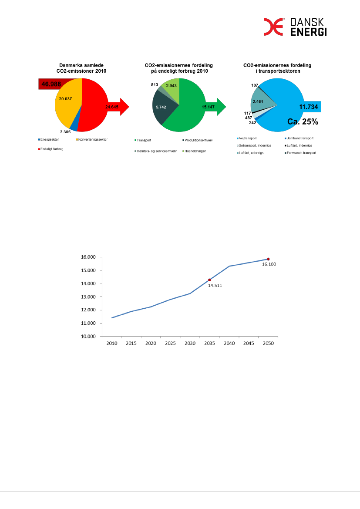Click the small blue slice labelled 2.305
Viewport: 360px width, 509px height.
[74, 126]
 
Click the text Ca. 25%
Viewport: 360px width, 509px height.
[303, 122]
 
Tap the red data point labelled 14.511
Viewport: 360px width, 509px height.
[209, 280]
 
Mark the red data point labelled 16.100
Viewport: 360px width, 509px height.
[268, 259]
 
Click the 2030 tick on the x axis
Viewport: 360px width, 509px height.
[190, 343]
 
